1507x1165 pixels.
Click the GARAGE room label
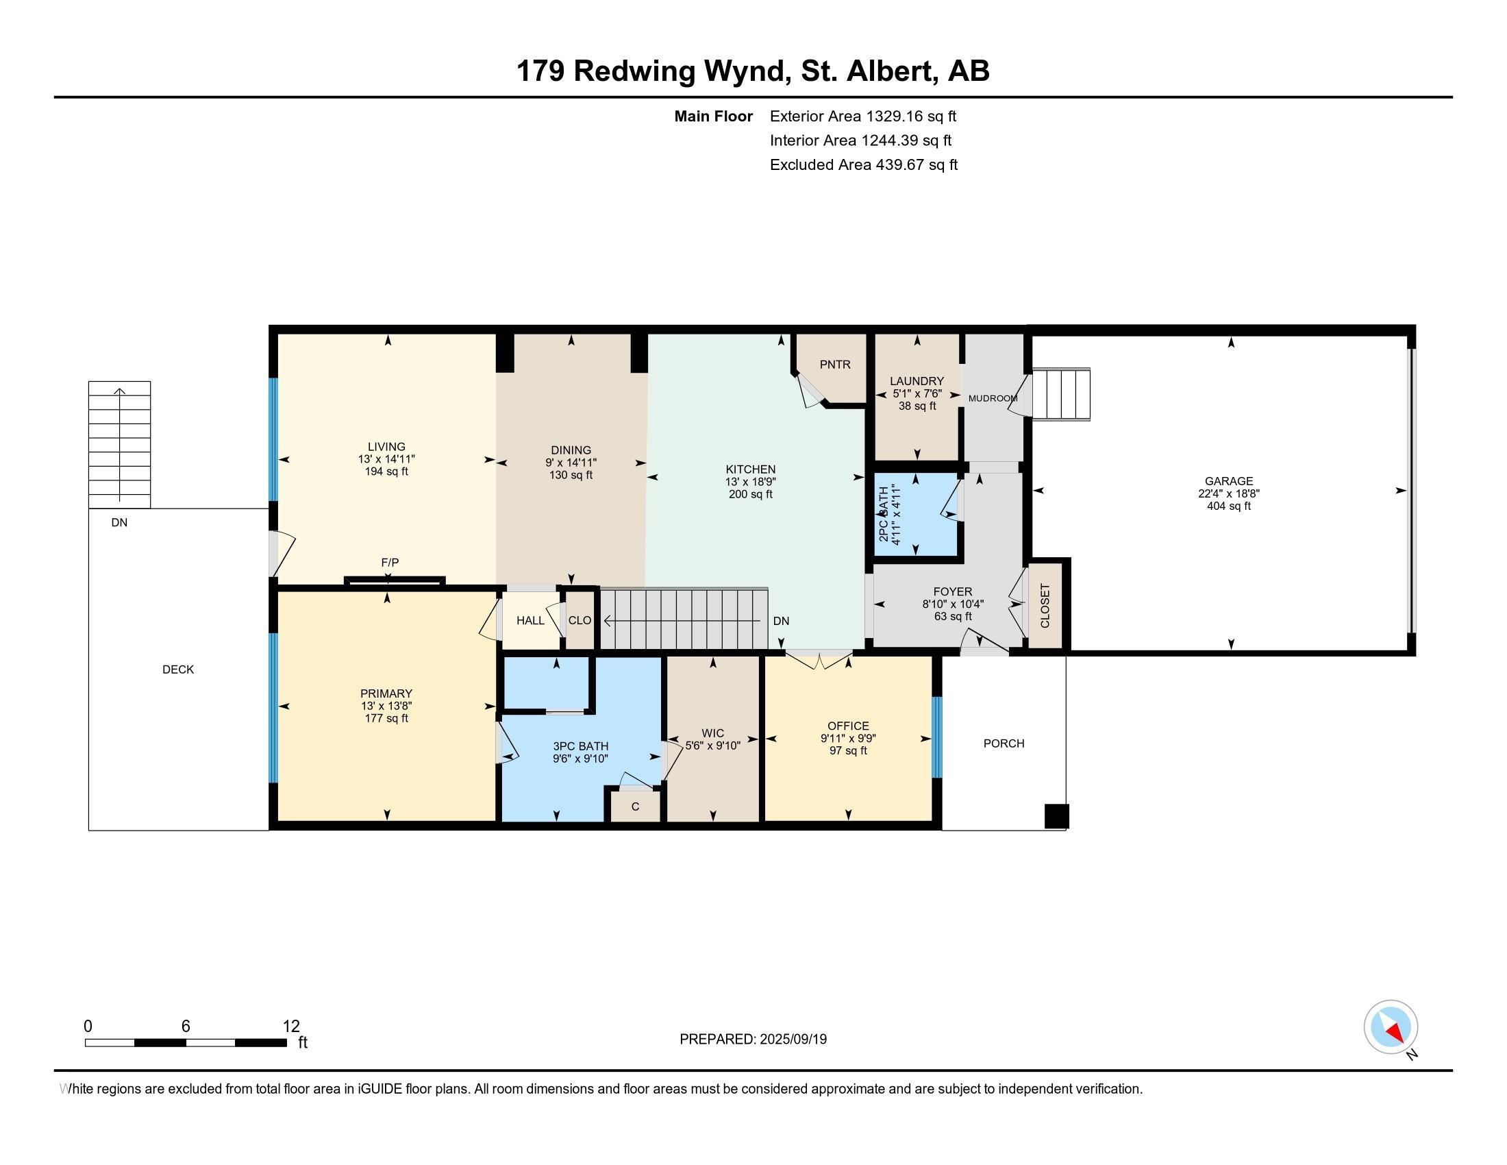(x=1228, y=481)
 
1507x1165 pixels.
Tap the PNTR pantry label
(x=835, y=365)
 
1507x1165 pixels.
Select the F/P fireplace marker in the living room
(x=390, y=563)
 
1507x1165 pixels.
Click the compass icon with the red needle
(x=1391, y=1027)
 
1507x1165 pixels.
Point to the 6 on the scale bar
(x=186, y=1027)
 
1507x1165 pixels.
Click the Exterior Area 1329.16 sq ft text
(x=862, y=116)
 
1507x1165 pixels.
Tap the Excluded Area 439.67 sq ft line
(x=863, y=164)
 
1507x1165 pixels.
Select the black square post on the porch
(x=1056, y=815)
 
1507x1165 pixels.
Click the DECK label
(x=178, y=670)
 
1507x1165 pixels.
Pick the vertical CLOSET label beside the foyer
(x=1045, y=605)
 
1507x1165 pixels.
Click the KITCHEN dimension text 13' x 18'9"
(x=751, y=482)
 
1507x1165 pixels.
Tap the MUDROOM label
(x=993, y=398)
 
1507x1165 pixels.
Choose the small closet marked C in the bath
(x=635, y=806)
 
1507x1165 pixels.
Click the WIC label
(x=713, y=733)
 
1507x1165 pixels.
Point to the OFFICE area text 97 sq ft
(x=848, y=750)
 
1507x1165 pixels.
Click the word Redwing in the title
(x=635, y=71)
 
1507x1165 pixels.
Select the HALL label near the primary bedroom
(x=530, y=620)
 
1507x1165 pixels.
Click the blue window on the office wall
(x=936, y=737)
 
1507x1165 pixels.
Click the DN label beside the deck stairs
(x=119, y=522)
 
